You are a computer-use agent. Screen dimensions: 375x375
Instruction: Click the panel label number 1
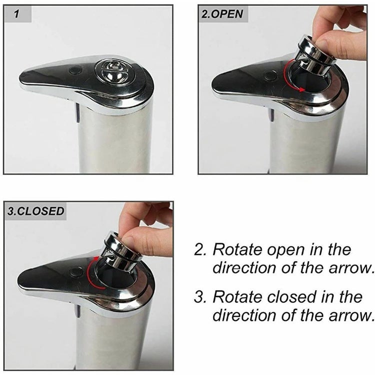pos(17,13)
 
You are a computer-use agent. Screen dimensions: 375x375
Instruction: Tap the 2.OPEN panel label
pos(222,13)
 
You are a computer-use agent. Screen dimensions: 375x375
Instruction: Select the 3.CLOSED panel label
pos(35,210)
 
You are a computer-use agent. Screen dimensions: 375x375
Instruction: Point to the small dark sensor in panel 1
pos(75,70)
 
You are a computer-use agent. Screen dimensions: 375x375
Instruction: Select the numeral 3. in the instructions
pos(200,296)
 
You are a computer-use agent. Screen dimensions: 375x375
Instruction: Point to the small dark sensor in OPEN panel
pos(270,76)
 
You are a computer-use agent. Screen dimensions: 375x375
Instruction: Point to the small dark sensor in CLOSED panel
pos(76,272)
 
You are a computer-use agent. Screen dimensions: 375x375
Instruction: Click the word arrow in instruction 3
pos(349,315)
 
